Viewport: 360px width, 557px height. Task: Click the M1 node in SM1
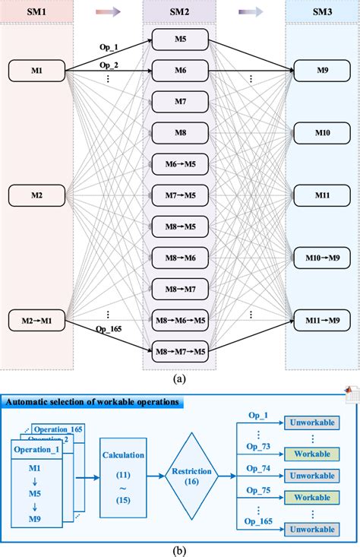point(36,71)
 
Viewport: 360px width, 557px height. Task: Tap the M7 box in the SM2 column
point(180,102)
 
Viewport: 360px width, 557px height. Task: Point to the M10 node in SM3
point(324,134)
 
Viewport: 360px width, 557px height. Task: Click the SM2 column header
point(180,11)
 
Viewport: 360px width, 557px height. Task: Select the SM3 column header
point(323,11)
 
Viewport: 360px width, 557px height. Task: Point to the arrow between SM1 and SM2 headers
point(109,11)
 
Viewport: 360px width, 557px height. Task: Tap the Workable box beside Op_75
point(313,497)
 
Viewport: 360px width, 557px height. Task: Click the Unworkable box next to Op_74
point(313,476)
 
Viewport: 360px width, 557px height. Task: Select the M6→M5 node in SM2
point(180,164)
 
